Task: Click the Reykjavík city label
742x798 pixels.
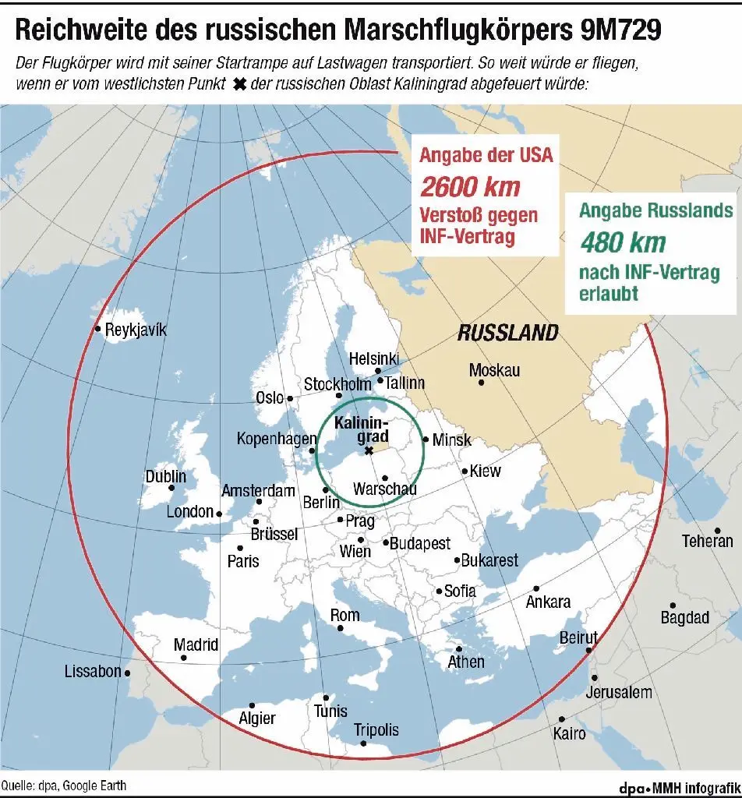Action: tap(136, 330)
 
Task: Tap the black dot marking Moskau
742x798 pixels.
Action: tap(482, 382)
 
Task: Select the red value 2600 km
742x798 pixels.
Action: tap(470, 187)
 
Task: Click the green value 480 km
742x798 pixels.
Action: tap(623, 243)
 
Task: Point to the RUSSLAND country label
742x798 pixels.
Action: tap(507, 334)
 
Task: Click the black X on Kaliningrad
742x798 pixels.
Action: tap(369, 450)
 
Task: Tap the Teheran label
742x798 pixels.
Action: tap(707, 541)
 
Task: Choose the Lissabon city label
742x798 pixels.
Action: tap(93, 671)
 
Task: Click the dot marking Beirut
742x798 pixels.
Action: tap(589, 650)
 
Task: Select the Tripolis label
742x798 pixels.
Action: tap(376, 730)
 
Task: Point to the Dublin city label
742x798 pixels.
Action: tap(166, 476)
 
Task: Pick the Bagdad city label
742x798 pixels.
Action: tap(684, 618)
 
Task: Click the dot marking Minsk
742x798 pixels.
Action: tap(426, 439)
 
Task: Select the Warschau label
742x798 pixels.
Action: tap(384, 489)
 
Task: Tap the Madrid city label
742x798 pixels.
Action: tap(196, 645)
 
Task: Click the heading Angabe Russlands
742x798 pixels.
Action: tap(655, 210)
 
